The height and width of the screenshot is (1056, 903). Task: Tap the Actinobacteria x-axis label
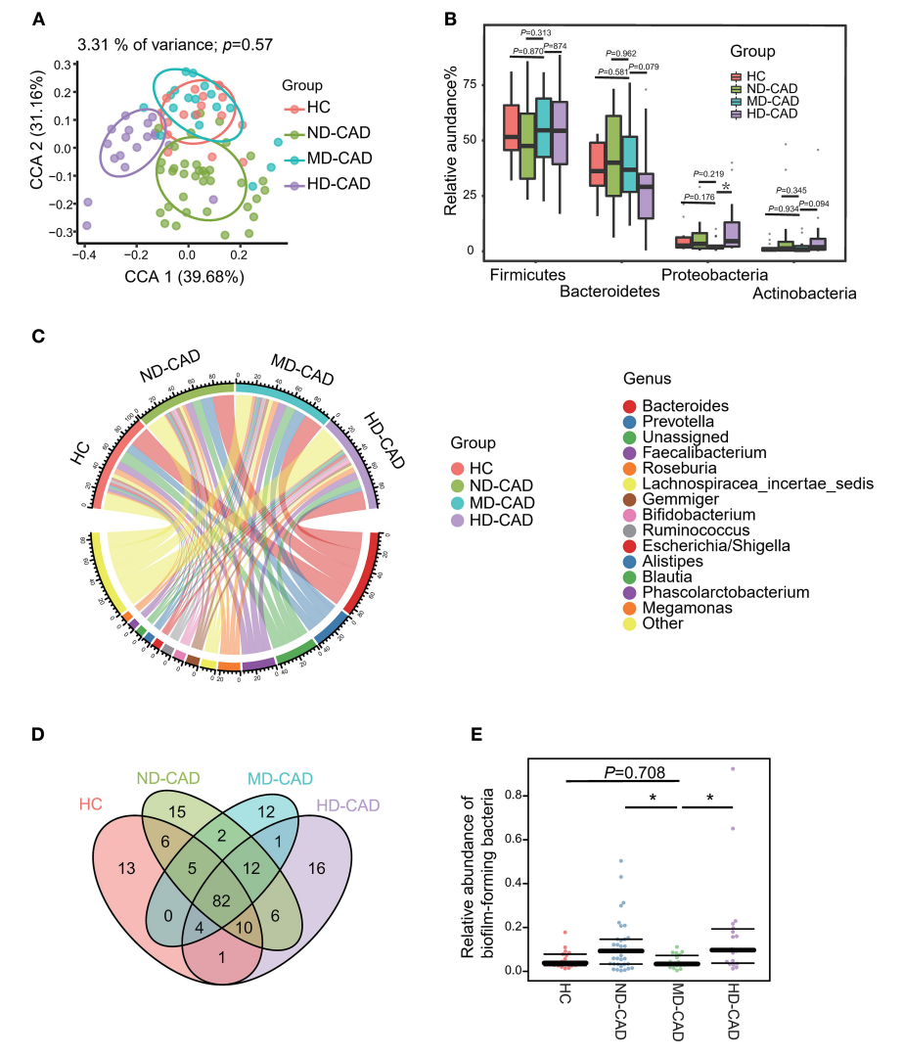(x=805, y=293)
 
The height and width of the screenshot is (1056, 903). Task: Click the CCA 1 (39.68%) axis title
(x=184, y=277)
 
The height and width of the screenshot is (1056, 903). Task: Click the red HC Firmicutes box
(x=511, y=127)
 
